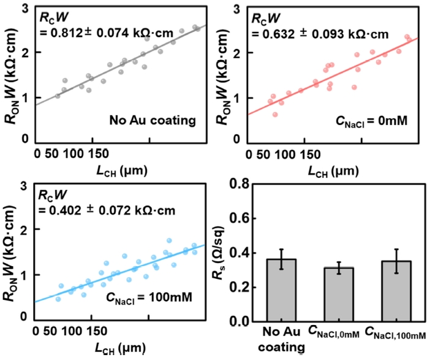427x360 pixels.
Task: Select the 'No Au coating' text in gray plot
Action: (x=153, y=120)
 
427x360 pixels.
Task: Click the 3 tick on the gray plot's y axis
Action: (x=26, y=8)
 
